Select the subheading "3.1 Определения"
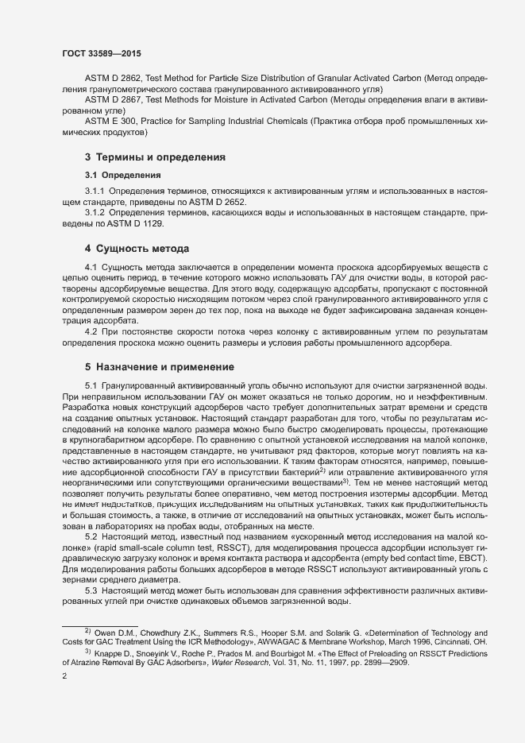tap(123, 175)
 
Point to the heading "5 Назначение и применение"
tap(160, 367)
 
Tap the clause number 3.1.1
tap(95, 192)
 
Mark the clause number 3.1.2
tap(95, 214)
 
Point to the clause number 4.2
tap(91, 331)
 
